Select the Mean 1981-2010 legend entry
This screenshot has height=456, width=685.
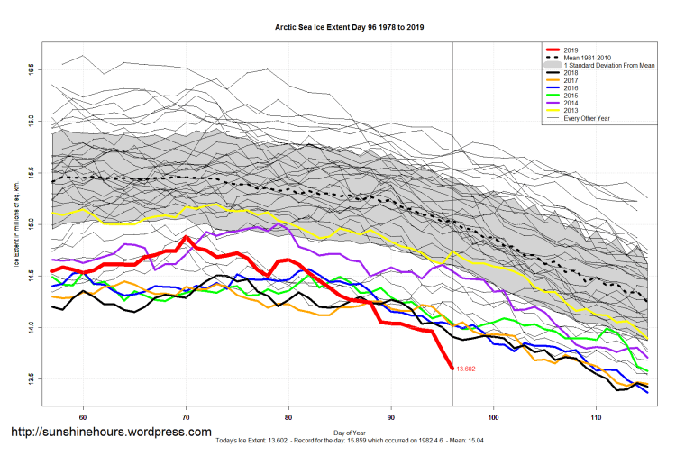587,59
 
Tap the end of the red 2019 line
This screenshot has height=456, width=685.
452,368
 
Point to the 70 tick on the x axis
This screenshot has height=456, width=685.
186,417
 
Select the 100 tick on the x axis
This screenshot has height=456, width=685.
494,417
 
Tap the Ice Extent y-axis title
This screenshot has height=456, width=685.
15,225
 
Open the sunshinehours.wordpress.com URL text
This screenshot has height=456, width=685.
111,433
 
